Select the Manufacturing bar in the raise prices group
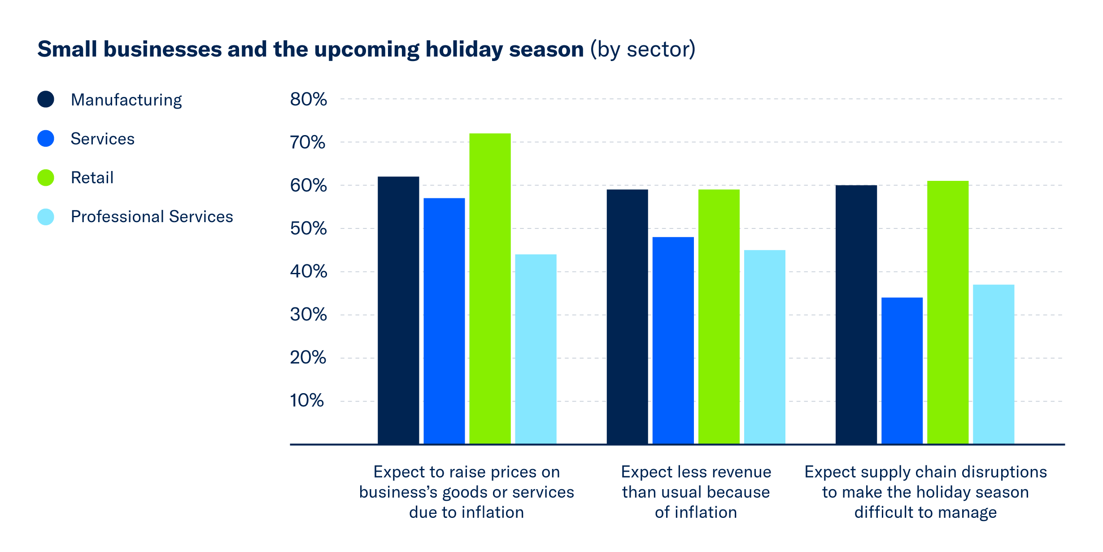[x=398, y=310]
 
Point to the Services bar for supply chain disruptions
[x=902, y=371]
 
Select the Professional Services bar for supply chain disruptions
[x=993, y=364]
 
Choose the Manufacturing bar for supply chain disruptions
[x=856, y=315]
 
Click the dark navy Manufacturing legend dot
[x=46, y=99]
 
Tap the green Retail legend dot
[x=46, y=178]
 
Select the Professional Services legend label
[x=152, y=217]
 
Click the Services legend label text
[x=102, y=139]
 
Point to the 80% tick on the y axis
[x=308, y=99]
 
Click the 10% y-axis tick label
[x=307, y=400]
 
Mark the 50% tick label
[x=308, y=228]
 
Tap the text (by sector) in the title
[x=642, y=49]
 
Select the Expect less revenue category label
[x=696, y=492]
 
